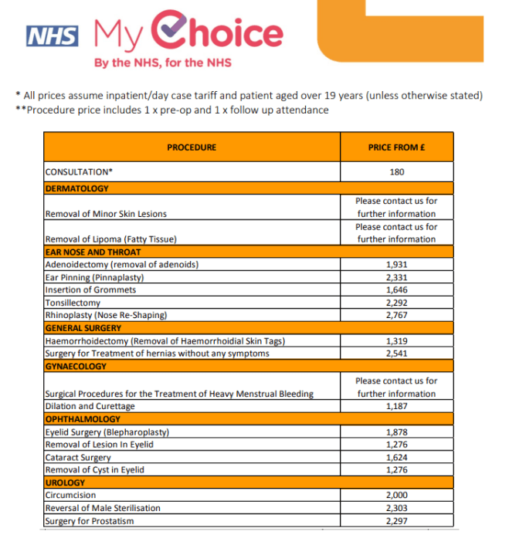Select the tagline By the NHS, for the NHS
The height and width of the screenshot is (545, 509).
coord(163,63)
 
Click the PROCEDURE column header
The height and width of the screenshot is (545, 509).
coord(192,147)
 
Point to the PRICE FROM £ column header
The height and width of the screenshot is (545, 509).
coord(396,147)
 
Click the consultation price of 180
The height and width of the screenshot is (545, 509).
coord(396,172)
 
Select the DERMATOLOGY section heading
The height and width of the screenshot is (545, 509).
coord(77,188)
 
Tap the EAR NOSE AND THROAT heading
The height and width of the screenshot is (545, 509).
coord(93,252)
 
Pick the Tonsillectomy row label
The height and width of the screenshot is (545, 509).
coord(73,303)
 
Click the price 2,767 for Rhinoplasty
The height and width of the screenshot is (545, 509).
coord(396,315)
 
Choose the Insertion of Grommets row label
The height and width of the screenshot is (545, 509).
coord(90,289)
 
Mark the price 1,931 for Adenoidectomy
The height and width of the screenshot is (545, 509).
coord(396,265)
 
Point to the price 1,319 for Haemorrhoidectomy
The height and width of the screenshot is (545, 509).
coord(396,340)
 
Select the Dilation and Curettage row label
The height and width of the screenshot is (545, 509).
coord(90,406)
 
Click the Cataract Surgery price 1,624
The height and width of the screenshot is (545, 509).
coord(396,457)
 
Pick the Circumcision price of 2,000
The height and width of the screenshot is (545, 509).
coord(396,495)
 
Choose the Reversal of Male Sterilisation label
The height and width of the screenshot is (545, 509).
coord(103,508)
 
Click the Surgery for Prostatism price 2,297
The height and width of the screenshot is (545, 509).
coord(396,520)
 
